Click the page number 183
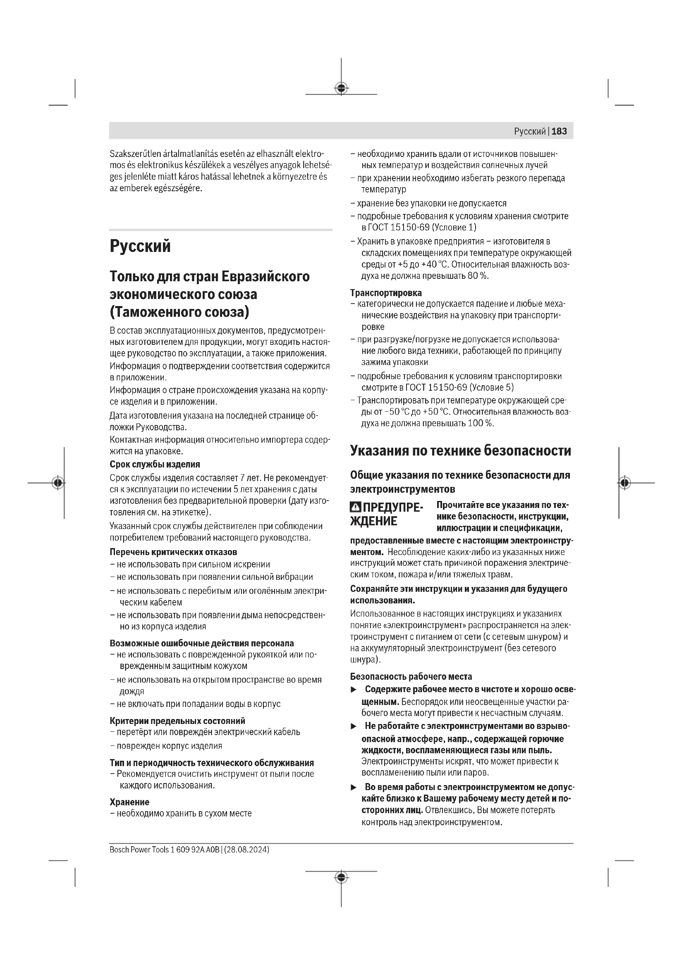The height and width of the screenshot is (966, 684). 559,131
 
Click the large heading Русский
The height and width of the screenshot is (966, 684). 140,246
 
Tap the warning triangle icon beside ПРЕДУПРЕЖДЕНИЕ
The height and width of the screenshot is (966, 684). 356,508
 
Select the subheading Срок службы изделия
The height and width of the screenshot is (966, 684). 155,464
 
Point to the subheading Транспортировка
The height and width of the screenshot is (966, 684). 386,292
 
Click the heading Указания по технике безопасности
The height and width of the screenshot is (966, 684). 460,451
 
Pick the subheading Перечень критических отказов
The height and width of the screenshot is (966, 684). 173,552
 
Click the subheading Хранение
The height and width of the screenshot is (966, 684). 129,802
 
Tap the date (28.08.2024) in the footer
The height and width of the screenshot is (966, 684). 247,850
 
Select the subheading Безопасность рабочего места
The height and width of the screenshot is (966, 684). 411,676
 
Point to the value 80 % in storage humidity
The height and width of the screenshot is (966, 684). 478,276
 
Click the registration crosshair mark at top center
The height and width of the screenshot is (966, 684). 341,88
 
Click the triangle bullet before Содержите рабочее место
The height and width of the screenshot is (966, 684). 354,689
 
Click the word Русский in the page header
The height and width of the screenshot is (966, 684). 529,131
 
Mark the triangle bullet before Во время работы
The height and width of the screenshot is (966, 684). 354,787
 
